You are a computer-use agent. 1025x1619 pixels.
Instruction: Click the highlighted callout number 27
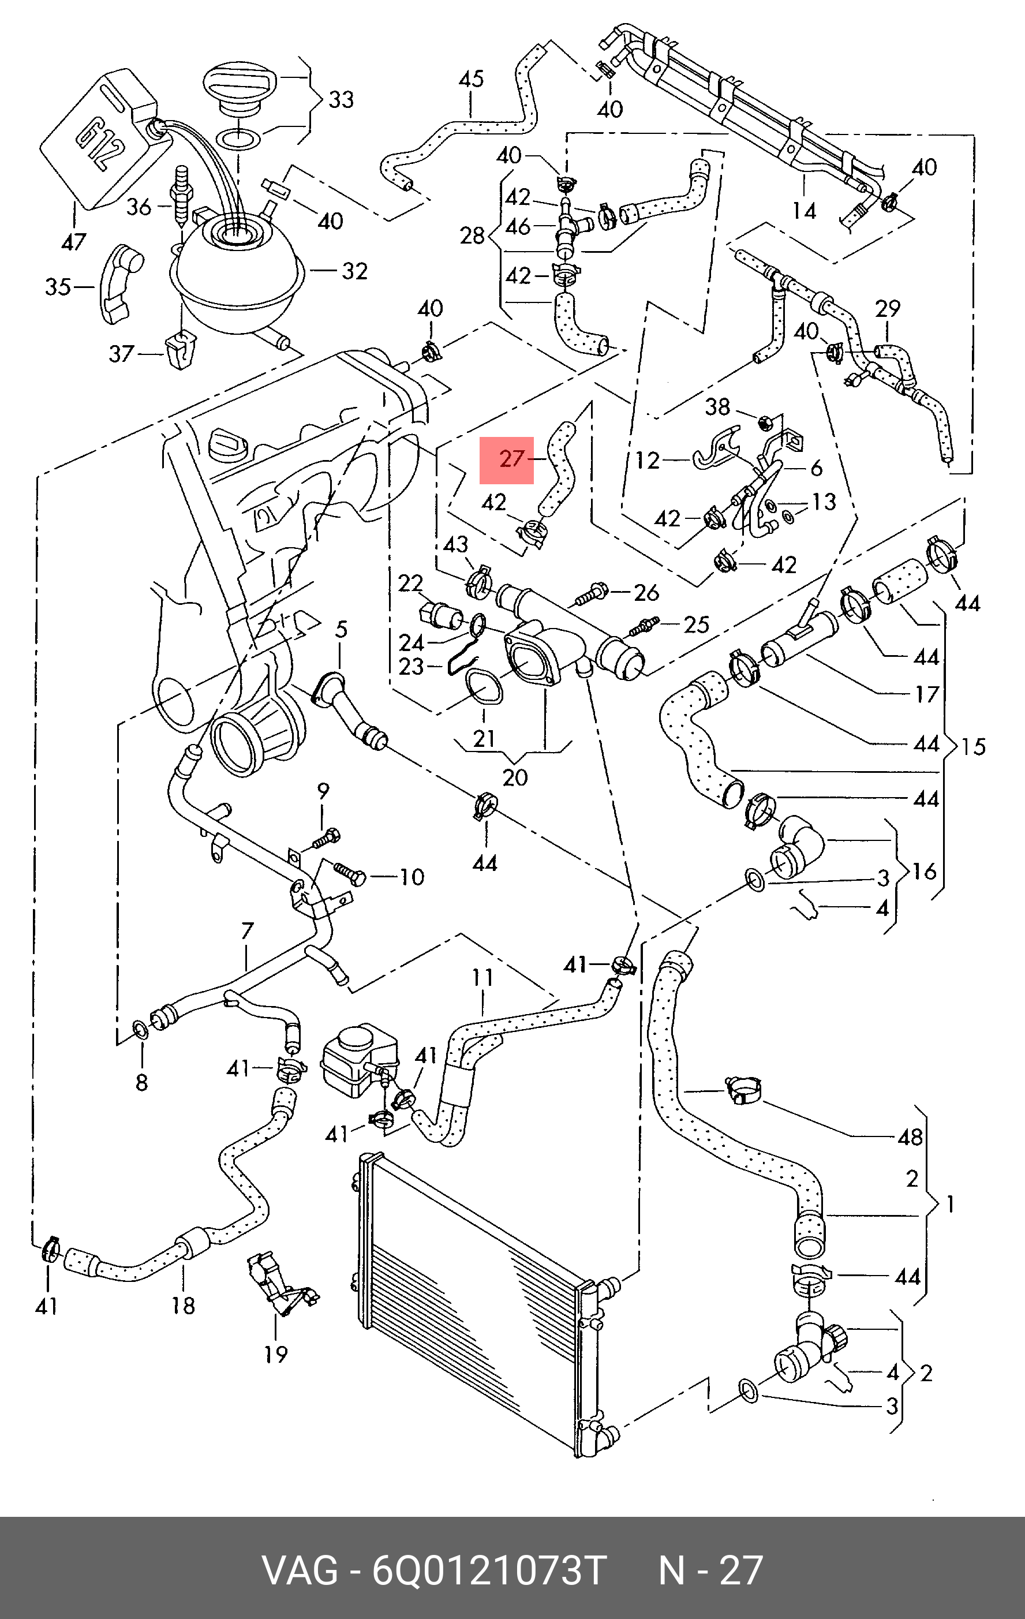[511, 459]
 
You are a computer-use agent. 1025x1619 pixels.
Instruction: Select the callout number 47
[73, 241]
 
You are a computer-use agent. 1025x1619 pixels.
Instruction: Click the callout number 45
[470, 79]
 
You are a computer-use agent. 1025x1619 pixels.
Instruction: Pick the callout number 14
[804, 211]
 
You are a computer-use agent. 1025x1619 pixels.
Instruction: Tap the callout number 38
[717, 406]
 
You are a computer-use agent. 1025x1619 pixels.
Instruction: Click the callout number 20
[515, 777]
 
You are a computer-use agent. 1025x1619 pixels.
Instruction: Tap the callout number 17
[927, 693]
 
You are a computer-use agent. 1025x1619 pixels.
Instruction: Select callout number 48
[910, 1137]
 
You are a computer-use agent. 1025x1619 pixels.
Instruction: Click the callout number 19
[275, 1353]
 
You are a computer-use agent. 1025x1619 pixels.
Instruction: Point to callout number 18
[183, 1305]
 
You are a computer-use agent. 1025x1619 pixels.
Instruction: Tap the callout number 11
[482, 977]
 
